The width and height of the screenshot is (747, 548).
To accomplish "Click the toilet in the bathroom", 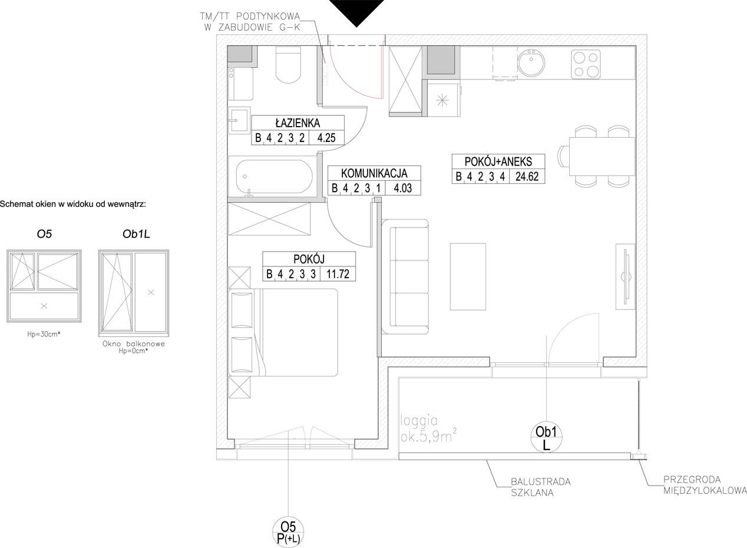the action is pyautogui.click(x=289, y=64).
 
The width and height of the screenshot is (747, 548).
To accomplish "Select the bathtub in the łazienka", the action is pyautogui.click(x=274, y=176).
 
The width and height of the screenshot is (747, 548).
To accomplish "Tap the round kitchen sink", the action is pyautogui.click(x=531, y=63).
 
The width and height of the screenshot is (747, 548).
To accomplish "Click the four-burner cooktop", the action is pyautogui.click(x=586, y=64).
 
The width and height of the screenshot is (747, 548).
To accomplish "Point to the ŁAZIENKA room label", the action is pyautogui.click(x=298, y=123).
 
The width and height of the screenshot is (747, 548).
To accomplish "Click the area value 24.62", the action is pyautogui.click(x=527, y=176).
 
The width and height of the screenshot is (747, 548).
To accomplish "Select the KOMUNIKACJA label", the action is pyautogui.click(x=374, y=173).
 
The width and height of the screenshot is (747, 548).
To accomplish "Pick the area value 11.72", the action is pyautogui.click(x=338, y=274).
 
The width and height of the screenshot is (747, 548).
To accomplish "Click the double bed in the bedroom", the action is pyautogui.click(x=283, y=332).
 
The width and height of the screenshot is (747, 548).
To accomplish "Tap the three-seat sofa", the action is pyautogui.click(x=405, y=277).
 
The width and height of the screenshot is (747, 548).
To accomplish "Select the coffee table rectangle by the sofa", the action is pyautogui.click(x=468, y=276).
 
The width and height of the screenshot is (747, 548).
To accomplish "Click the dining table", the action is pyautogui.click(x=602, y=156).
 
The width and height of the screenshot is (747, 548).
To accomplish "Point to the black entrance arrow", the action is pyautogui.click(x=356, y=13).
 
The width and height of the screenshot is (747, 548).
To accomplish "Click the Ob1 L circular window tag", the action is pyautogui.click(x=546, y=437).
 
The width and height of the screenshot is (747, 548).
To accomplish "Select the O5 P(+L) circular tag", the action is pyautogui.click(x=288, y=532).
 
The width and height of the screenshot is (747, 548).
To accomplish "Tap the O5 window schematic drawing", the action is pyautogui.click(x=44, y=286).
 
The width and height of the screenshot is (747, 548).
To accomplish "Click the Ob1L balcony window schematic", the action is pyautogui.click(x=134, y=293).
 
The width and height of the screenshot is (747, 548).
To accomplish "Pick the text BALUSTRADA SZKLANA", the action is pyautogui.click(x=541, y=487).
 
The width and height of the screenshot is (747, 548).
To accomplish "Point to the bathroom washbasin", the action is pyautogui.click(x=239, y=120).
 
